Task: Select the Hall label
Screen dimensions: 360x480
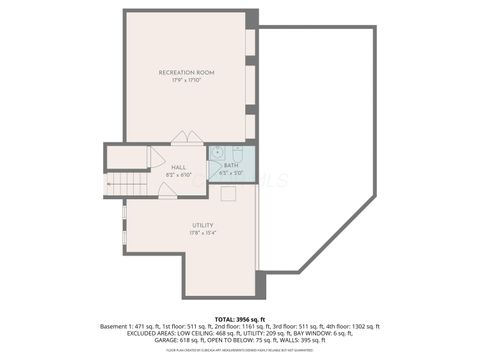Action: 178,167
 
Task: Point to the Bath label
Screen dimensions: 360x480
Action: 231,165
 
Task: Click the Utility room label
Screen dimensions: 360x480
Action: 203,225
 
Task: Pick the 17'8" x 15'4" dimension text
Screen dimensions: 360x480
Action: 203,233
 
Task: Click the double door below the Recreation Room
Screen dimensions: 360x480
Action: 186,137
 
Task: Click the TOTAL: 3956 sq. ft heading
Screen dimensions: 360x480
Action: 239,316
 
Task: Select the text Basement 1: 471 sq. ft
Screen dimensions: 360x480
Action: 134,326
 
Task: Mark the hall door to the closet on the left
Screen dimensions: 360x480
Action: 156,158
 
